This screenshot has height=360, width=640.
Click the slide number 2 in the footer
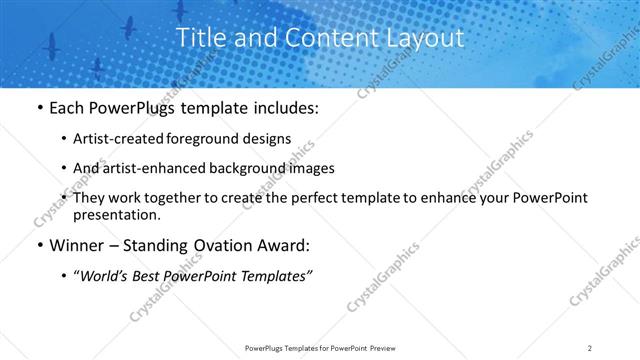pyautogui.click(x=590, y=348)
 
